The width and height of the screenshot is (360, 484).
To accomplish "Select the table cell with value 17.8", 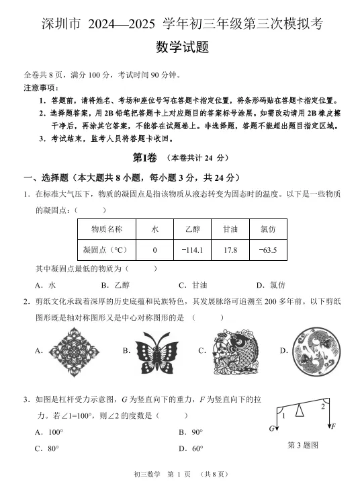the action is click(x=230, y=251).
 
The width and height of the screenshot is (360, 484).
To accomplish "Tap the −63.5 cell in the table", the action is click(x=267, y=251).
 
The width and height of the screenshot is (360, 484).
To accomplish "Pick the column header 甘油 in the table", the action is click(x=230, y=229).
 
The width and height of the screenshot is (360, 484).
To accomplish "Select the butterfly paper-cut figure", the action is click(x=158, y=350).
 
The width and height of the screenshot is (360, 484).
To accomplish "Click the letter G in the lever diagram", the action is click(x=272, y=428).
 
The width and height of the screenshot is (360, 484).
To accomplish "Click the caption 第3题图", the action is click(x=302, y=444).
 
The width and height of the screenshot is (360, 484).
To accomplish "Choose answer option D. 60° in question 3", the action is click(x=191, y=448).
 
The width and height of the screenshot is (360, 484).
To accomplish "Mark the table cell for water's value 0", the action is click(x=154, y=251).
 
